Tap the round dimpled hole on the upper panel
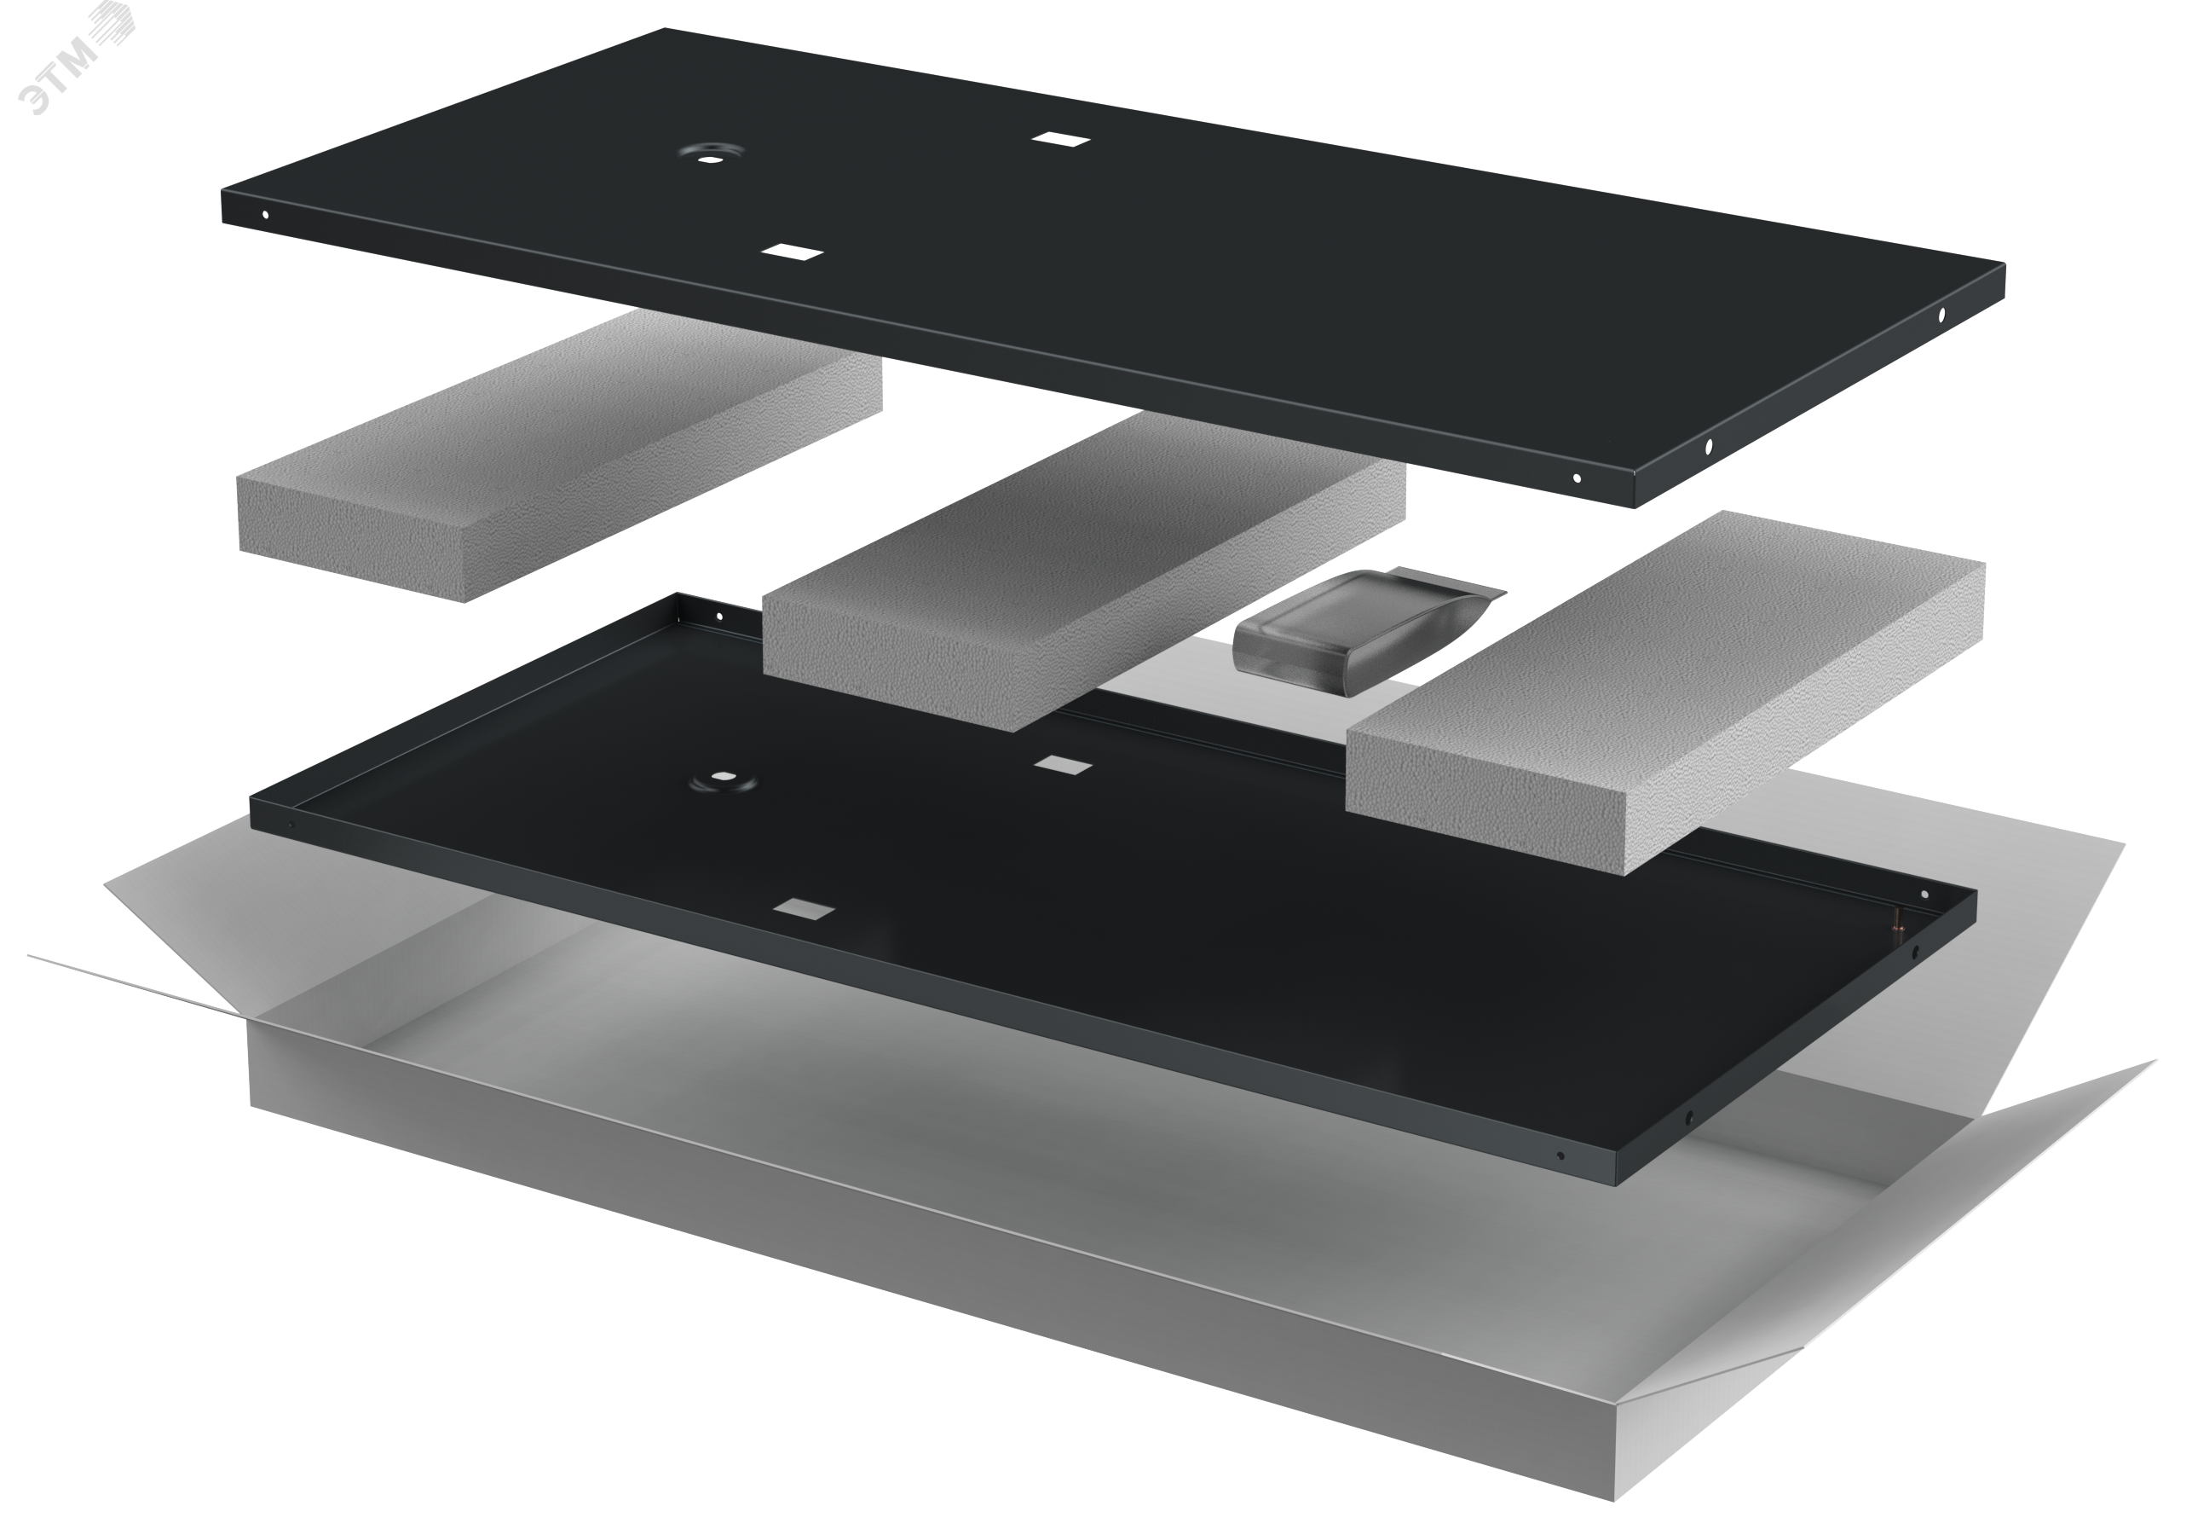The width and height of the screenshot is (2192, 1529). (x=708, y=154)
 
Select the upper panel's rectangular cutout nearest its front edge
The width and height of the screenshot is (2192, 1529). (x=793, y=252)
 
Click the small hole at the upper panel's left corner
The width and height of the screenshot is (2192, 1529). (x=265, y=215)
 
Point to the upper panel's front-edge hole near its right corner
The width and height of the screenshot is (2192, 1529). (x=1576, y=478)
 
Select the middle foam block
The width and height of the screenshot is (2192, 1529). (x=1083, y=571)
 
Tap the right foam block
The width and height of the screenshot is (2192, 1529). (x=1665, y=692)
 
